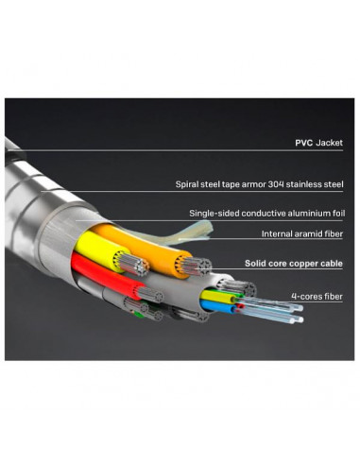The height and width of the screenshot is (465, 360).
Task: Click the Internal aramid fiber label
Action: [x=300, y=233]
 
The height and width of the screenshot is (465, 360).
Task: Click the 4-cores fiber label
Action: [x=317, y=297]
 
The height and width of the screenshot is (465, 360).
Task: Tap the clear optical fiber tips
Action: [x=283, y=312]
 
